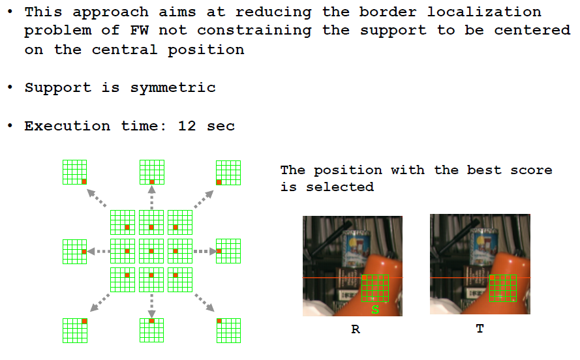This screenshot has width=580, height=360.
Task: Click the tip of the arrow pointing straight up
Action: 151,187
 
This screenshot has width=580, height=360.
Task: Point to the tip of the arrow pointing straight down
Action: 151,318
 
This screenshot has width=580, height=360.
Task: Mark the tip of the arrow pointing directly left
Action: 87,251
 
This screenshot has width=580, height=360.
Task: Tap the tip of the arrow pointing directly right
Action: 217,251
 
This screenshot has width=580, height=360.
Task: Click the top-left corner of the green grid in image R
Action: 361,275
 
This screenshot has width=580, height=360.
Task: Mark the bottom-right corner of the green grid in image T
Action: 516,301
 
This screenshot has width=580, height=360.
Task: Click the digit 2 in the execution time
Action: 191,127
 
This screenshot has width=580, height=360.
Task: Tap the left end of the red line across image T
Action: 430,277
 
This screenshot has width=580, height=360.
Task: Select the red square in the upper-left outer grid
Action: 84,181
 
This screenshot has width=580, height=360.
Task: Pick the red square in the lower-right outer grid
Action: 219,321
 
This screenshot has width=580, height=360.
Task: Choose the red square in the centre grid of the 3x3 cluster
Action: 151,251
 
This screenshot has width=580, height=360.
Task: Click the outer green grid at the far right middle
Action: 228,251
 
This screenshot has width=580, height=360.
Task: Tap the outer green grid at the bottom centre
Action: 151,331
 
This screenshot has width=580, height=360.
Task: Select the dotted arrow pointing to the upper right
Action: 204,199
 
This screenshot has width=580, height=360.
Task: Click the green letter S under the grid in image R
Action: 375,310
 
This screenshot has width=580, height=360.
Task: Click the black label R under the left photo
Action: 356,329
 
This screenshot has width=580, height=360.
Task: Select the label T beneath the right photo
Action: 480,329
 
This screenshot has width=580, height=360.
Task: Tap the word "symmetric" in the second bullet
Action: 173,88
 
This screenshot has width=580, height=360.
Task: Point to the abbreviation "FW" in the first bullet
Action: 140,30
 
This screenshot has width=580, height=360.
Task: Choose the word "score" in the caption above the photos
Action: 531,170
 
